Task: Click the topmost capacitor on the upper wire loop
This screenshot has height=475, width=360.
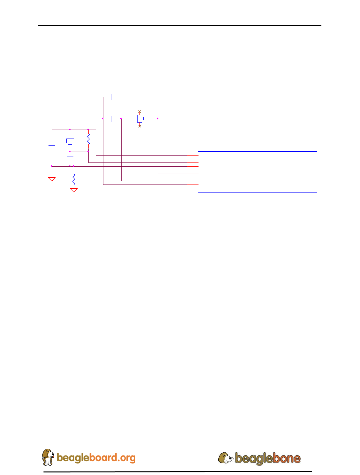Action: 112,97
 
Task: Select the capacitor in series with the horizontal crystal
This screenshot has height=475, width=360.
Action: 112,119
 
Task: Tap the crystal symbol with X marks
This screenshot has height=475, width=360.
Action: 139,119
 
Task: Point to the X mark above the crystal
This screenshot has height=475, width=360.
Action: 139,111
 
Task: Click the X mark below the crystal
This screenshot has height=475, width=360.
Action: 139,126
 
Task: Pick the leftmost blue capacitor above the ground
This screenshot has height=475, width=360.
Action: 52,146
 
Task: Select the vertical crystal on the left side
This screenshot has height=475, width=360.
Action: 70,141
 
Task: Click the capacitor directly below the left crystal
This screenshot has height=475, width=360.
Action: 70,157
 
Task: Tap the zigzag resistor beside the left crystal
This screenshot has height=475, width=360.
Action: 88,139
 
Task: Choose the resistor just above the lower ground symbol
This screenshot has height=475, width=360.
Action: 74,180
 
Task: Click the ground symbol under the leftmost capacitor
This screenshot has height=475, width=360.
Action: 52,179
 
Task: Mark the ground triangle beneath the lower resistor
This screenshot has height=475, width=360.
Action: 74,190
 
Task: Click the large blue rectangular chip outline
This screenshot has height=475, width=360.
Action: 257,172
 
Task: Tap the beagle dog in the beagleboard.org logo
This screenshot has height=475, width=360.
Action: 48,457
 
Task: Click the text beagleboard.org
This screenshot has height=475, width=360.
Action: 96,458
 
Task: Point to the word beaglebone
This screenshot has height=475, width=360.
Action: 268,458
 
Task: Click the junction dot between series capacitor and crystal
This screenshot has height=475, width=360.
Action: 121,118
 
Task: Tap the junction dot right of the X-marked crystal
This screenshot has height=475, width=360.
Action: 158,118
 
